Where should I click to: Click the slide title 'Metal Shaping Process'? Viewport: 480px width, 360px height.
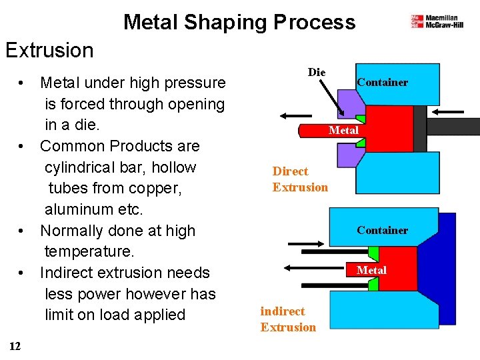coord(239,22)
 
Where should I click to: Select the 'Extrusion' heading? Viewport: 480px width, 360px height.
coord(49,50)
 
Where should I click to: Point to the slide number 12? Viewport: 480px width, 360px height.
coord(15,345)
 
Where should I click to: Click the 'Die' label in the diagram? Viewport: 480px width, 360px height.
coord(317,72)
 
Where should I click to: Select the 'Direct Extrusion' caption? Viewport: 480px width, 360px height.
coord(300,179)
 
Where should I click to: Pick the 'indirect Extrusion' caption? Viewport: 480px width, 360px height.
coord(288,319)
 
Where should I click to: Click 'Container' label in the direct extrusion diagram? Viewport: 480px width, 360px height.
coord(382,83)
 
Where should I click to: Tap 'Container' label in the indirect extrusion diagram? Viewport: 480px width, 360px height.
coord(382,230)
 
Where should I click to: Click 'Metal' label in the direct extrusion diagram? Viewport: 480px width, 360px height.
coord(343,130)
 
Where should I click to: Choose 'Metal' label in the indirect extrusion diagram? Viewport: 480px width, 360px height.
coord(371,270)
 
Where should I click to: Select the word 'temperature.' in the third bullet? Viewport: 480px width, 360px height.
coord(89,251)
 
